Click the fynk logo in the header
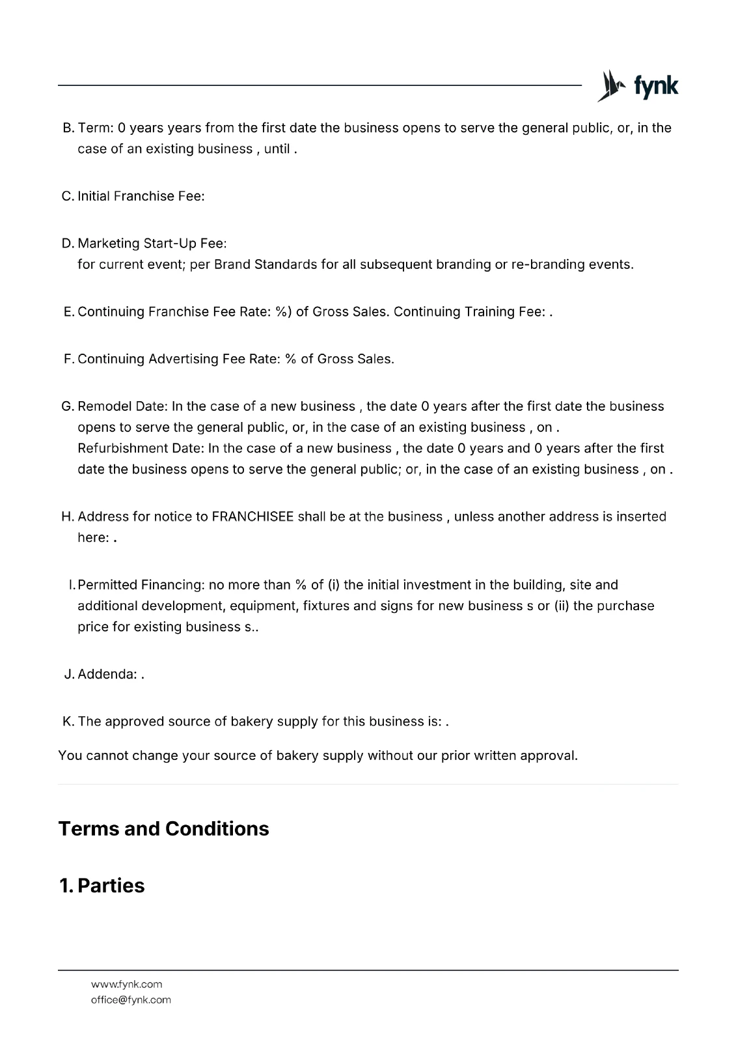point(638,86)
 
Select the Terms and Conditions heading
point(163,828)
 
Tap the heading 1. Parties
point(102,886)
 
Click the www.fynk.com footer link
point(126,984)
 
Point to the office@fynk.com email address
point(131,1000)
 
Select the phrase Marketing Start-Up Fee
point(150,244)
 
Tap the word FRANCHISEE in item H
point(252,516)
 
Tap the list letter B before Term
point(68,128)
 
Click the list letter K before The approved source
point(68,722)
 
